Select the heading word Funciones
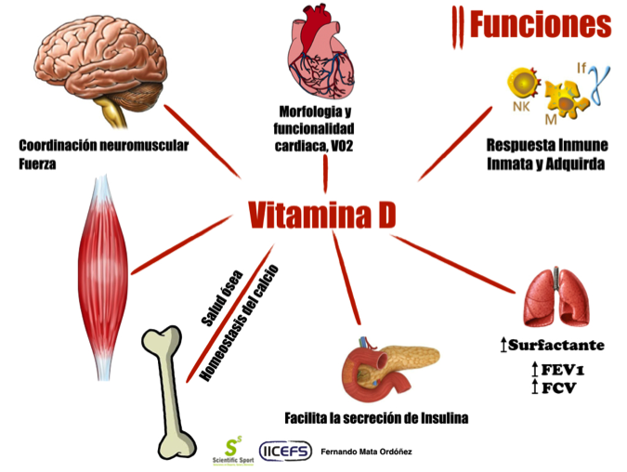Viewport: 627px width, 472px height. tap(540, 25)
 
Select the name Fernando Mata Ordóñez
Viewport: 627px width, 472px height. tap(367, 452)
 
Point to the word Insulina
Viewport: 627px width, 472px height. tap(441, 419)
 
